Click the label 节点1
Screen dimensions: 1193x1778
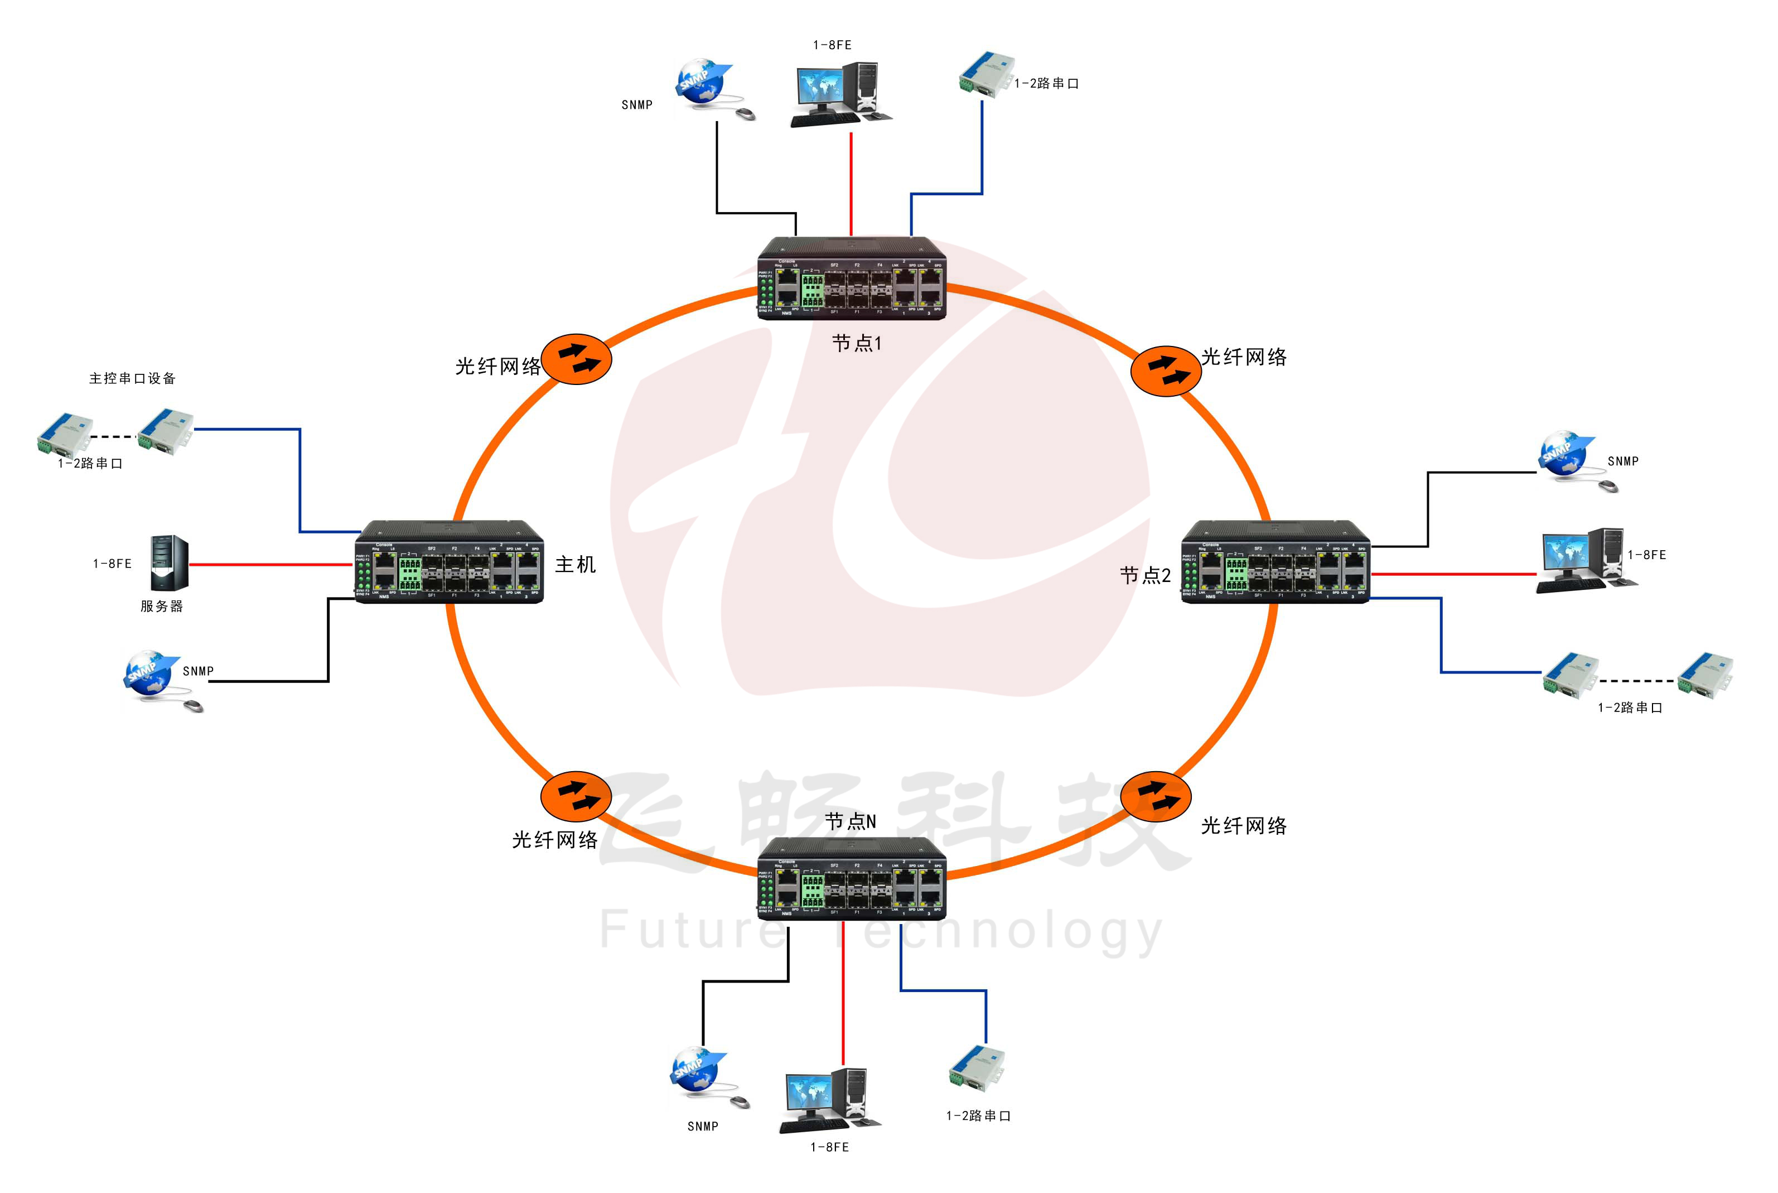(x=856, y=343)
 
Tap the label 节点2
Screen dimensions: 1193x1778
(x=1144, y=575)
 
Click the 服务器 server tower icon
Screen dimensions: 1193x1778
(x=169, y=563)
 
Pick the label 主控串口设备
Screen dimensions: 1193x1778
(x=132, y=378)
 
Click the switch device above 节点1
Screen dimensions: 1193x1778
(x=852, y=278)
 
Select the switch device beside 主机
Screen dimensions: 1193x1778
(x=450, y=562)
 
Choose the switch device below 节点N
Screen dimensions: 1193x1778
(x=852, y=878)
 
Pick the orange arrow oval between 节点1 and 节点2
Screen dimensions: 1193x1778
(x=1165, y=371)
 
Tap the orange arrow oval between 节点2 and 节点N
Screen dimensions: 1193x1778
(x=1155, y=797)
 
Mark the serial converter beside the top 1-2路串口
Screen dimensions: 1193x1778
(x=987, y=74)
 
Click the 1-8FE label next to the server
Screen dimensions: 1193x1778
(x=113, y=564)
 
